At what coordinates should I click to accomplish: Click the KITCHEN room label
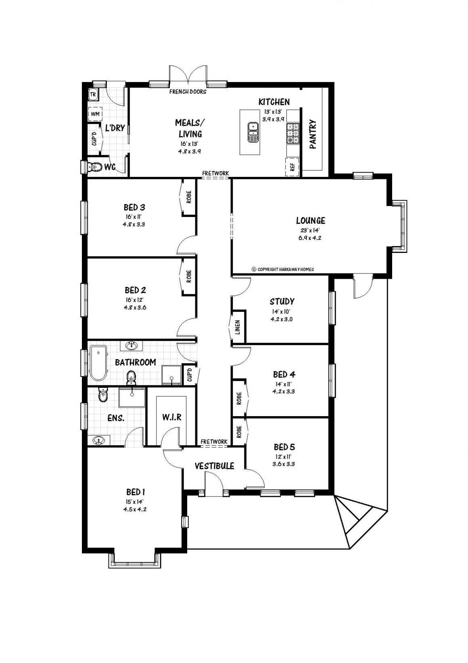point(274,102)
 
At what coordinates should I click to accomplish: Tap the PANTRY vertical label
point(313,135)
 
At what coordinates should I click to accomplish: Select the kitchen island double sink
point(253,132)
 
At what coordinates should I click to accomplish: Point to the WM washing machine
point(95,114)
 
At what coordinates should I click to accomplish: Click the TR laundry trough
point(93,95)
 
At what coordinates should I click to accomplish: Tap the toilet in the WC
point(96,167)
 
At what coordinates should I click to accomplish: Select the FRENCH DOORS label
point(188,92)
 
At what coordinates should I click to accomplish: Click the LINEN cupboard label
point(238,327)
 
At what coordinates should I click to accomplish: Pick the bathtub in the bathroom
point(98,363)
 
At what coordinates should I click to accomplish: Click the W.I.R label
point(172,417)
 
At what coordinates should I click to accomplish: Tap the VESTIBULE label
point(214,466)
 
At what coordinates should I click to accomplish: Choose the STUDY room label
point(282,301)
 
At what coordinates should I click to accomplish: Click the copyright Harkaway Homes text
point(282,269)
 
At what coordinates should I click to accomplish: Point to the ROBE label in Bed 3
point(189,197)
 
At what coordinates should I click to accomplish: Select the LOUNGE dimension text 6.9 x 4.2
point(310,238)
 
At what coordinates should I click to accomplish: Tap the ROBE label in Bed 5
point(239,432)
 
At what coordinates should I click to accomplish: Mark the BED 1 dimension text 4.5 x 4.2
point(135,509)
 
